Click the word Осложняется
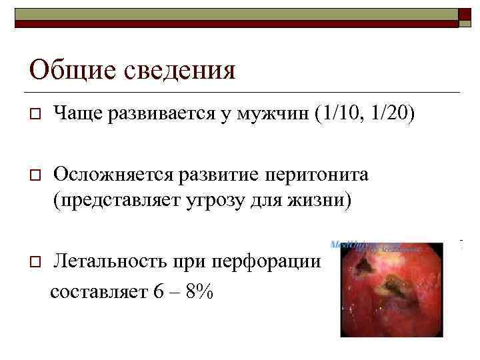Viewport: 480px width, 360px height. click(x=113, y=175)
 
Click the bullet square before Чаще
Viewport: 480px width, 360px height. click(x=33, y=116)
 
